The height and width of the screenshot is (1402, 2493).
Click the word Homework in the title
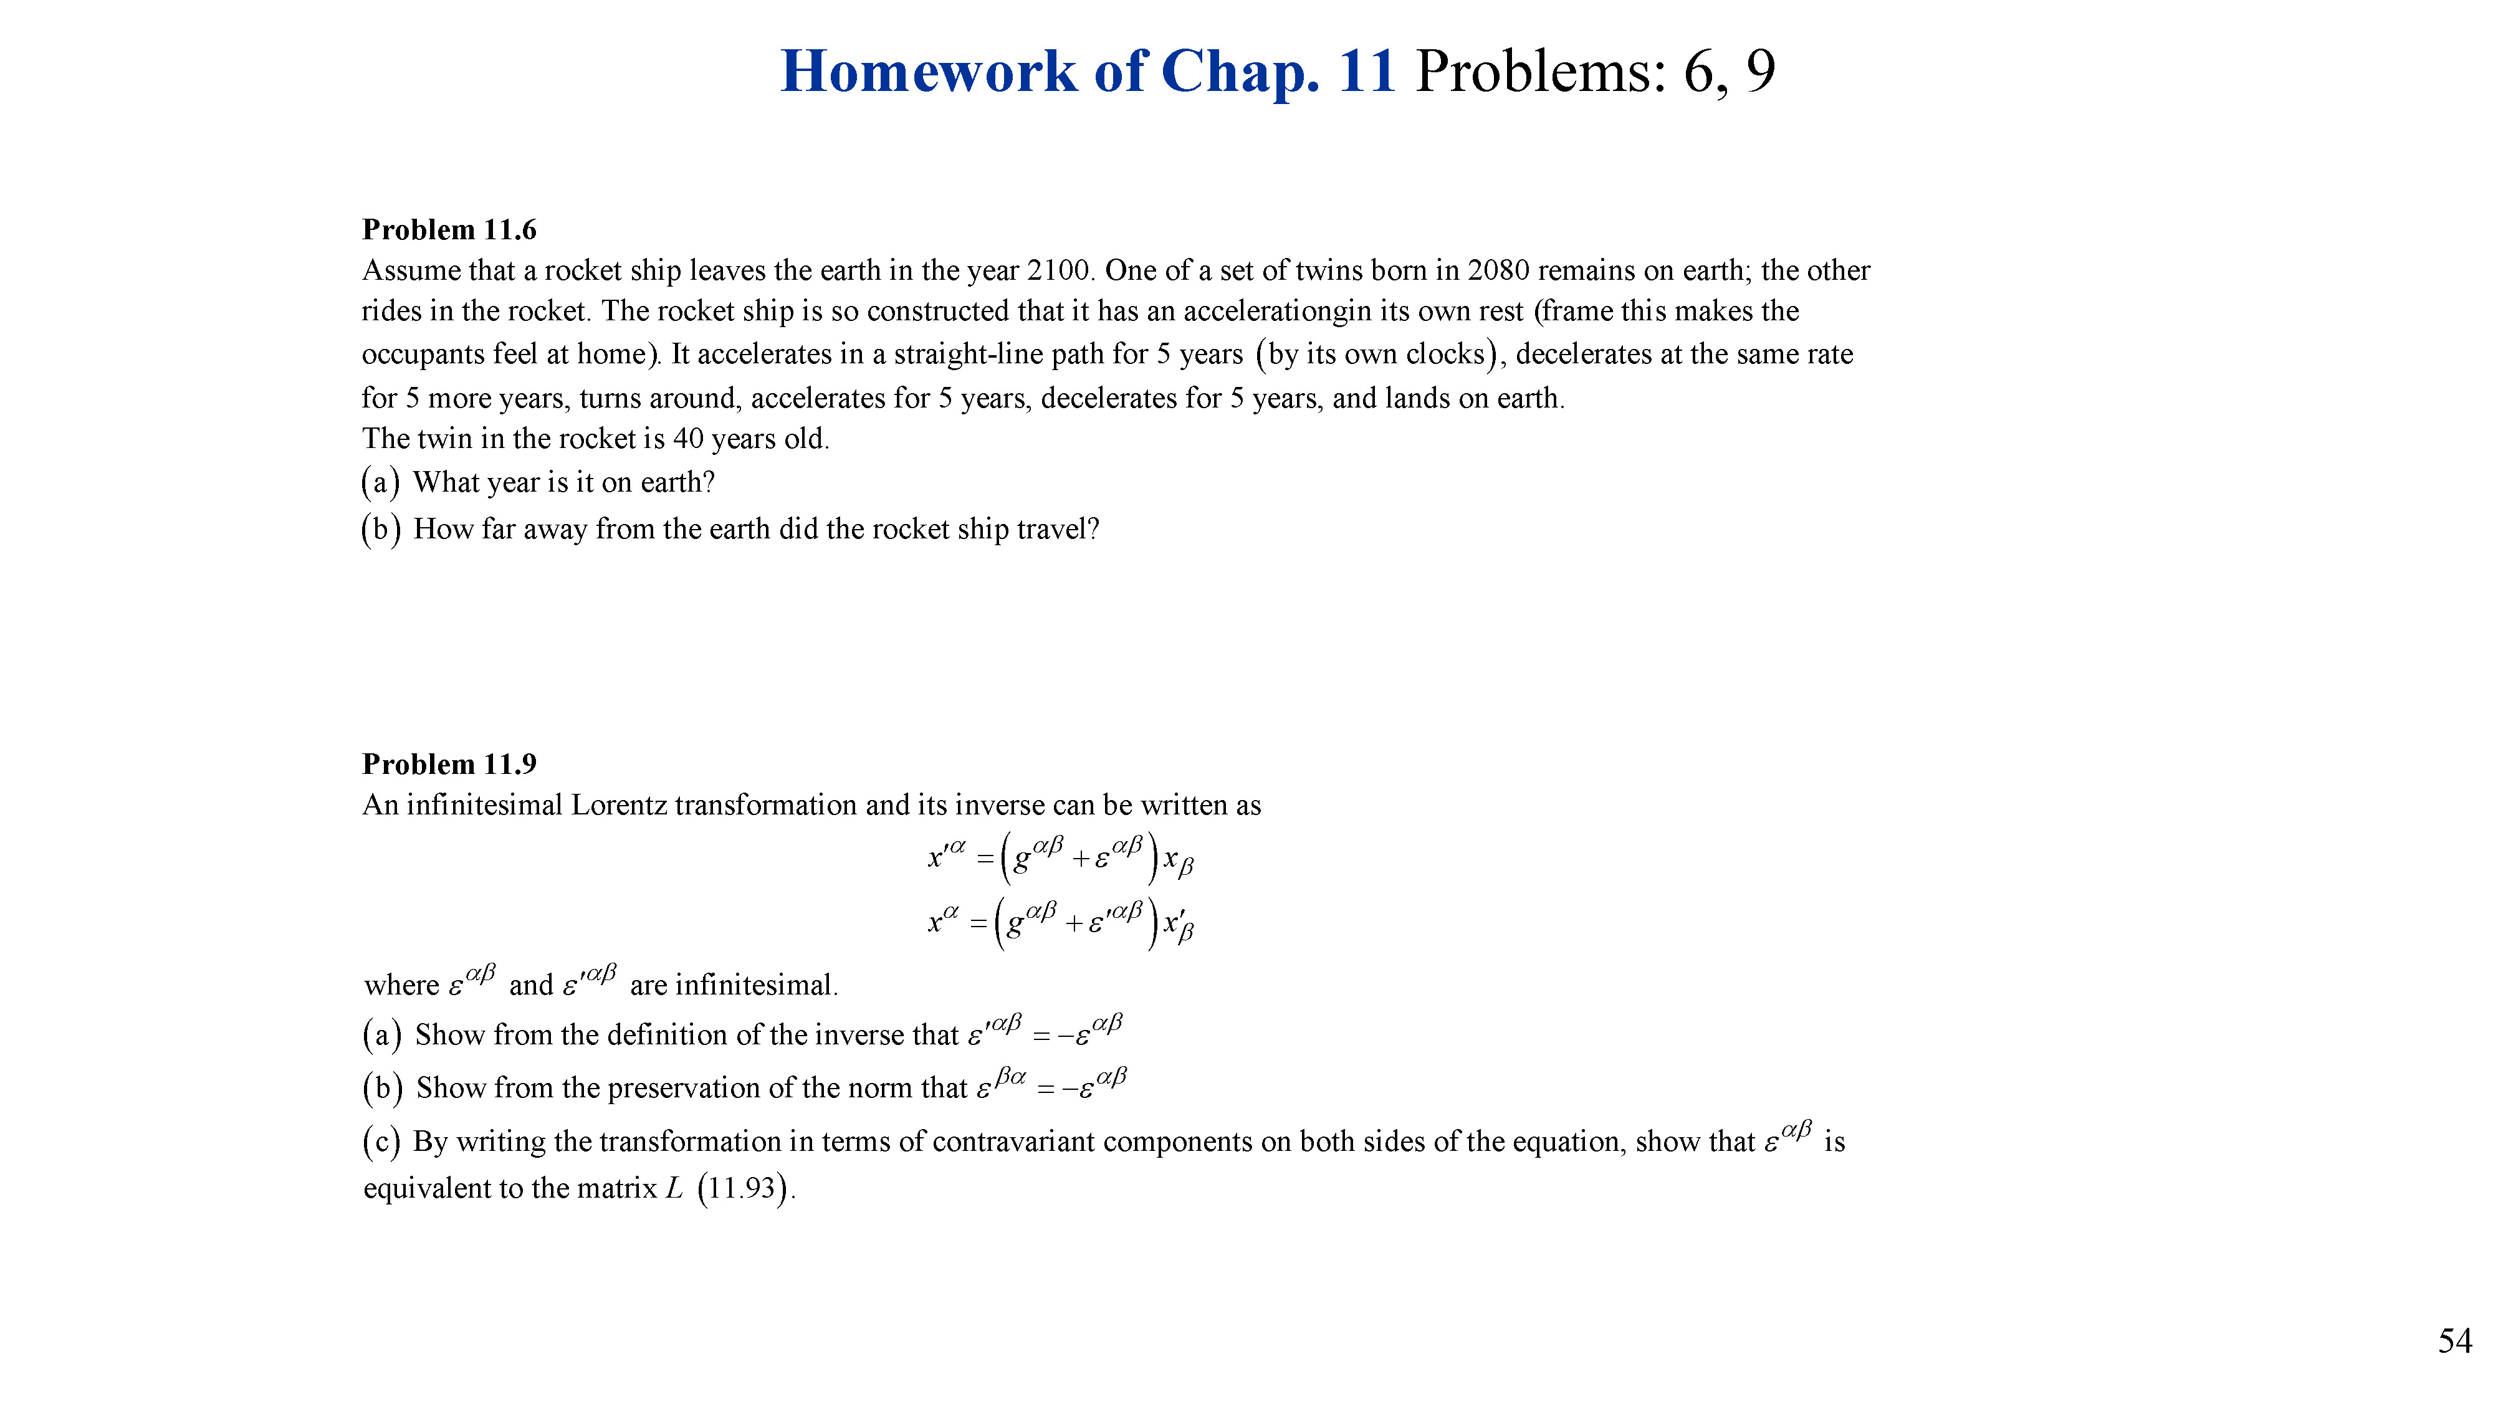pyautogui.click(x=928, y=72)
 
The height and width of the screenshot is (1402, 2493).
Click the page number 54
pyautogui.click(x=2454, y=1341)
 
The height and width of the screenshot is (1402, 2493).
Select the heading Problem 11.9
pyautogui.click(x=449, y=765)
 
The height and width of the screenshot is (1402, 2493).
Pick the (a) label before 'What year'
pyautogui.click(x=380, y=482)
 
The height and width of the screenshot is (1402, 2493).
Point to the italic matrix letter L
pyautogui.click(x=674, y=1188)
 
